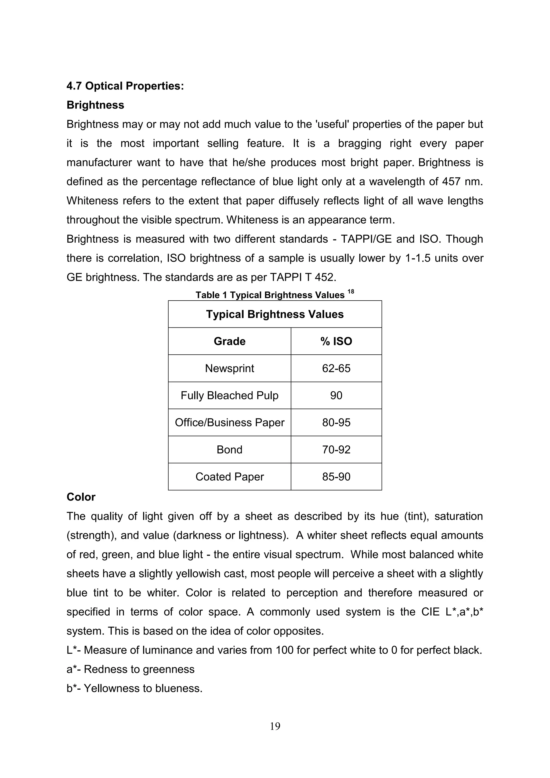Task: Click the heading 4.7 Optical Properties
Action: point(125,86)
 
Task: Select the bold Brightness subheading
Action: point(95,105)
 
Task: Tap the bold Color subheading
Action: point(81,497)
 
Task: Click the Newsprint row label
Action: point(229,368)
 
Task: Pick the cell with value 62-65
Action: point(336,368)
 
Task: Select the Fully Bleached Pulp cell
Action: point(229,395)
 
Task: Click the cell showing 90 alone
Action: point(336,395)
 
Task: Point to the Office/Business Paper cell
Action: point(229,423)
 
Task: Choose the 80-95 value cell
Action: point(336,423)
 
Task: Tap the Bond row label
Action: point(229,450)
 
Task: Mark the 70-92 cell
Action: point(336,450)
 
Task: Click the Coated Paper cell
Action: point(229,477)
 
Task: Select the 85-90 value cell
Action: point(336,477)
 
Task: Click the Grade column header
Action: point(229,341)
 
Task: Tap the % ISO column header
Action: point(336,341)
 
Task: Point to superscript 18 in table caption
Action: point(350,292)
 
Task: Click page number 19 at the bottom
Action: point(275,726)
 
